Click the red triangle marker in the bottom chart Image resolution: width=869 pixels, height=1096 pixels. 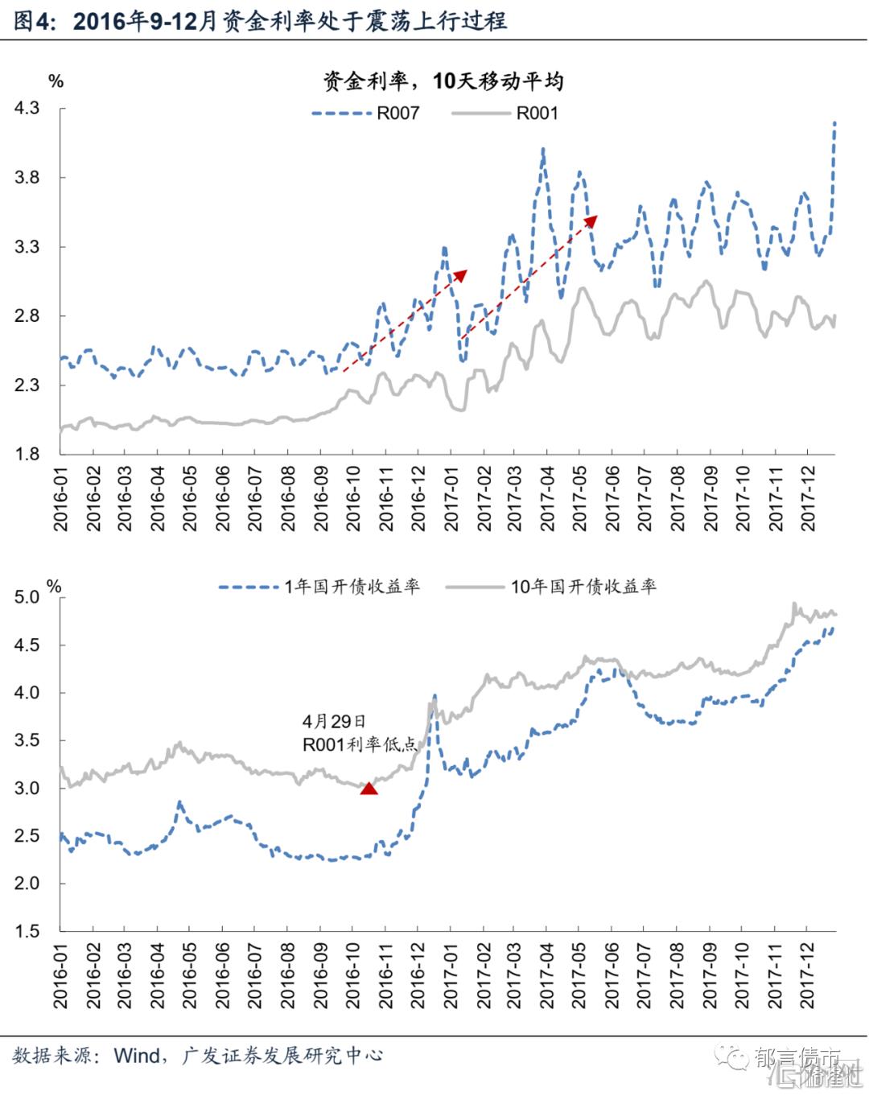point(369,788)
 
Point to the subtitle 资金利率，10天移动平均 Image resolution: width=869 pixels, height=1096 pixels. point(443,81)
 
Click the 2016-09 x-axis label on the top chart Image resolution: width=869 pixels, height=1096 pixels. point(320,499)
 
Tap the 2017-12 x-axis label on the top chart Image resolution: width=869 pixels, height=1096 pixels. point(808,499)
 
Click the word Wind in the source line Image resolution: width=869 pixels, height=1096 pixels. point(137,1056)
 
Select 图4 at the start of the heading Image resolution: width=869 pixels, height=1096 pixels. point(31,21)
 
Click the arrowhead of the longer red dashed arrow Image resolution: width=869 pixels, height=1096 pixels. point(592,219)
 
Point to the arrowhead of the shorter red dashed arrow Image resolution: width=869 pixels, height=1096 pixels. point(461,275)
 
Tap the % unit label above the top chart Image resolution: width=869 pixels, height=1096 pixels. point(56,81)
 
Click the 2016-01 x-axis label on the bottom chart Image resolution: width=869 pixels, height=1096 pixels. point(60,976)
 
